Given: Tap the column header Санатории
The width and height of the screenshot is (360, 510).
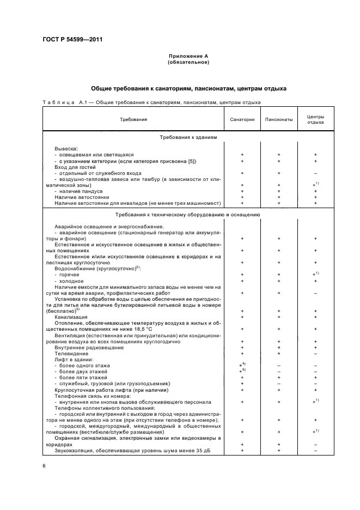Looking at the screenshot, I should pyautogui.click(x=242, y=119).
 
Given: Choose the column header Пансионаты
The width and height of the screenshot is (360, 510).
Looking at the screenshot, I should pyautogui.click(x=278, y=119).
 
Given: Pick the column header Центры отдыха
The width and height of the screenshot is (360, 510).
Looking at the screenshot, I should pyautogui.click(x=315, y=119).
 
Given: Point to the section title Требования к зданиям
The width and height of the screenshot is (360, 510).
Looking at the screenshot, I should pyautogui.click(x=188, y=138).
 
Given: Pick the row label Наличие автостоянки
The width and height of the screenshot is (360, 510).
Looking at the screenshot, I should pyautogui.click(x=82, y=197).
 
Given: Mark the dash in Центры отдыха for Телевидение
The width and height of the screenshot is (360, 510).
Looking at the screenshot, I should pyautogui.click(x=315, y=353).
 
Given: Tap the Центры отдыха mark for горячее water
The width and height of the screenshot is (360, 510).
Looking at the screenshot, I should pyautogui.click(x=316, y=274).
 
